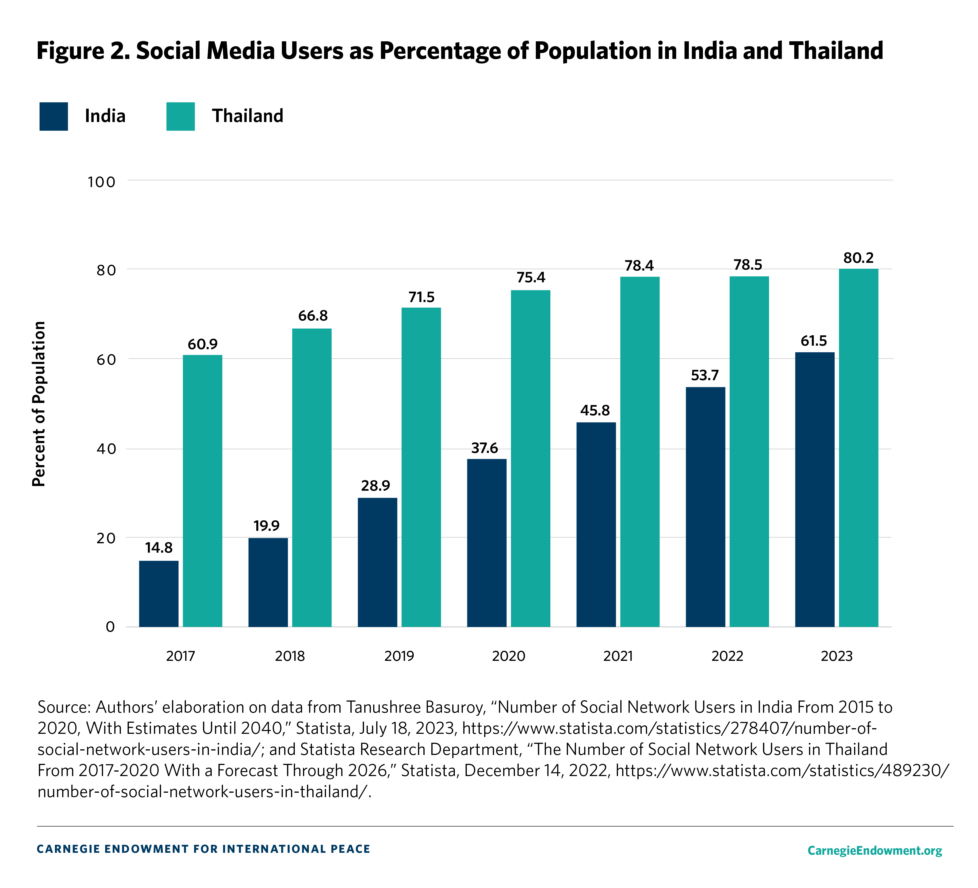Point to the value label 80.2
[x=858, y=258]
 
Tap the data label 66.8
[x=312, y=316]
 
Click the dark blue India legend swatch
[x=53, y=116]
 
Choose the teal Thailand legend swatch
[x=180, y=116]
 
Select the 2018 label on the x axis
[x=290, y=656]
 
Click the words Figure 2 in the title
[x=82, y=51]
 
